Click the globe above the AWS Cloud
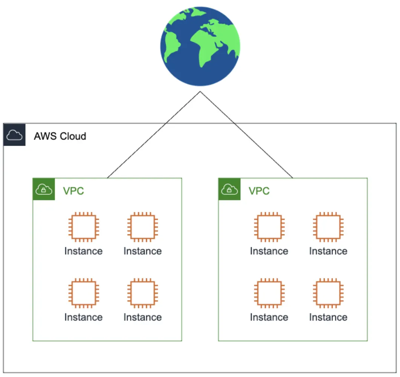click(x=200, y=46)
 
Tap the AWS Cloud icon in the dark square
click(x=14, y=135)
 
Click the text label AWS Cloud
click(x=60, y=136)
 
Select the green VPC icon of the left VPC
click(x=44, y=189)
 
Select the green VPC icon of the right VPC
click(x=229, y=189)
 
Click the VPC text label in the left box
click(x=73, y=191)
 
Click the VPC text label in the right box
click(x=259, y=191)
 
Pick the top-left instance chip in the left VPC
click(x=84, y=227)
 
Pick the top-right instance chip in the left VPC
click(x=142, y=227)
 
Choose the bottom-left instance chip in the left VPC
click(x=84, y=293)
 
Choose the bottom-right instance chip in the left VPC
click(x=142, y=293)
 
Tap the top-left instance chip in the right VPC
click(x=269, y=227)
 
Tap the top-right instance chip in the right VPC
click(x=328, y=227)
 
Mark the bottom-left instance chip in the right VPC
click(x=269, y=293)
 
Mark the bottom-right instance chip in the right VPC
click(x=328, y=293)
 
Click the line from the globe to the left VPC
click(x=154, y=135)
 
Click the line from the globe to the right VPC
click(x=246, y=135)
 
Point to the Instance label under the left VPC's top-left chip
click(x=84, y=251)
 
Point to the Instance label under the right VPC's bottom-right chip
click(x=328, y=317)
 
